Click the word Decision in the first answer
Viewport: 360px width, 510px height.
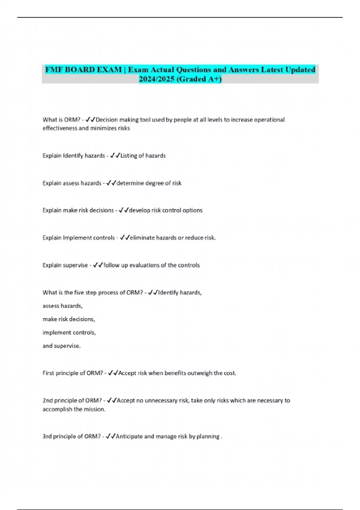coord(107,120)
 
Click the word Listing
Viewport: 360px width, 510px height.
coord(128,156)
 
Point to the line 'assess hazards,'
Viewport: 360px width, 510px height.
coord(62,306)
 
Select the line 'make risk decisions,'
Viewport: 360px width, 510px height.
coord(69,319)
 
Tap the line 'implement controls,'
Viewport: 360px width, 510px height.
coord(69,333)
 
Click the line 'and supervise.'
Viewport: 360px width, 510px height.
coord(61,346)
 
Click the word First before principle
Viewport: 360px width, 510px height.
coord(48,373)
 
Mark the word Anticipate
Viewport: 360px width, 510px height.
coord(129,436)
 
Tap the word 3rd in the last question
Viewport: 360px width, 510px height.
coord(47,436)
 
